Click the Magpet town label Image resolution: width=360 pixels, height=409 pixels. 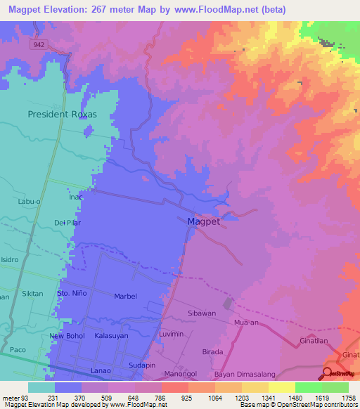(x=204, y=221)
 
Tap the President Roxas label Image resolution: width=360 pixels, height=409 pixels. (x=61, y=113)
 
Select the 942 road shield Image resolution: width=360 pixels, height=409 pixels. (x=38, y=44)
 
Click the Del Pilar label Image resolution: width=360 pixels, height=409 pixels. (x=67, y=223)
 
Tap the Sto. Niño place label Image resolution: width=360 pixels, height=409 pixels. (x=72, y=292)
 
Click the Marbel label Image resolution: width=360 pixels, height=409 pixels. (x=125, y=297)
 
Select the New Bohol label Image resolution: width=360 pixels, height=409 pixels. (x=67, y=336)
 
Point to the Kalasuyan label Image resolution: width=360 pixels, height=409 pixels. (x=112, y=336)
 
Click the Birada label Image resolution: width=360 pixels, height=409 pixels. (x=212, y=351)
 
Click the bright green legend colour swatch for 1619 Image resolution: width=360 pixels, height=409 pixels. (x=308, y=387)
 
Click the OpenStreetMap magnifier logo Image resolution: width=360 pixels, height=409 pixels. (x=328, y=373)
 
